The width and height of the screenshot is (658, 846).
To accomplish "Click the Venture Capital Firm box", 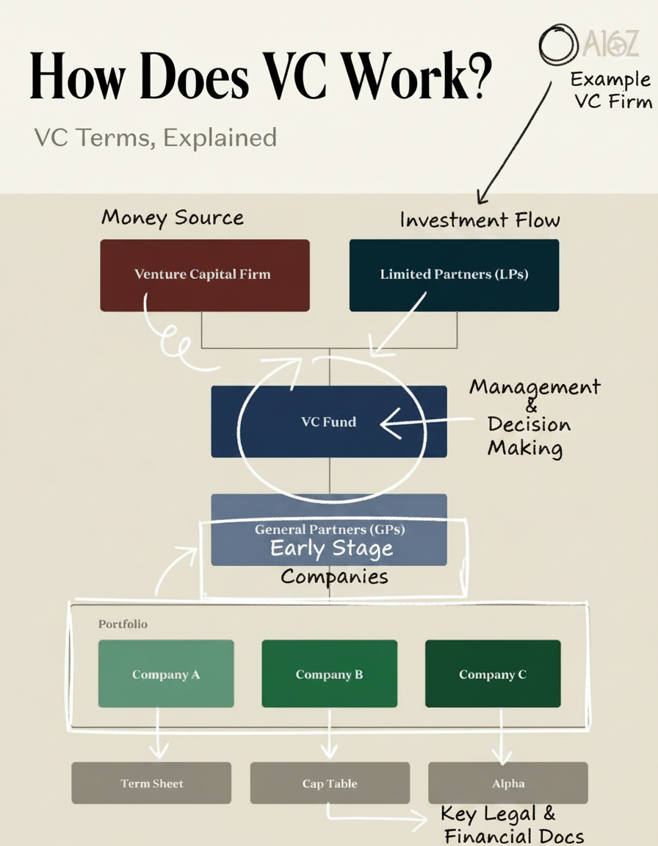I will [x=204, y=275].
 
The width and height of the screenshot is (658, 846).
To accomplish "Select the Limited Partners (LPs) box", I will [x=454, y=275].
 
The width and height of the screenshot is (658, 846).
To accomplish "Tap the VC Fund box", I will [x=328, y=422].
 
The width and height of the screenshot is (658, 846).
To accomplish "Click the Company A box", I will [x=166, y=673].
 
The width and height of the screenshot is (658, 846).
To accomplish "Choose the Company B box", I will [x=329, y=673].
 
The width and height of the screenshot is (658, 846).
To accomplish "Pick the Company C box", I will [x=492, y=673].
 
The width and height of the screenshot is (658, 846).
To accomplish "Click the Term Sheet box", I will [x=151, y=783].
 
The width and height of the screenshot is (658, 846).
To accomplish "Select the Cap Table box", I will [x=330, y=783].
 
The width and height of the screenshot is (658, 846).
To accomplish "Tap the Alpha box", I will [x=508, y=783].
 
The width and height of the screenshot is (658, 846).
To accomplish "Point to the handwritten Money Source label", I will [x=173, y=217].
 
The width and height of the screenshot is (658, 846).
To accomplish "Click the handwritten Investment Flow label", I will [x=480, y=220].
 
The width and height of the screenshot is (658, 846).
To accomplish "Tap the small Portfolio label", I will [x=123, y=623].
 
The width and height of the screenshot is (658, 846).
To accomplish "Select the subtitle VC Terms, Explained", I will [x=155, y=137].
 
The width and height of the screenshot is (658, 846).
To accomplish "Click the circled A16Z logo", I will [x=587, y=44].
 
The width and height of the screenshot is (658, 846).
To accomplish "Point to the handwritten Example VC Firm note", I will [x=611, y=90].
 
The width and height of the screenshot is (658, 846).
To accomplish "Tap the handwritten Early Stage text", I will [x=331, y=548].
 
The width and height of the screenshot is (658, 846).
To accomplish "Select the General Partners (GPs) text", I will [x=330, y=529].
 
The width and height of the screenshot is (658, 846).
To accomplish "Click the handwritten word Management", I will [x=535, y=386].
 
